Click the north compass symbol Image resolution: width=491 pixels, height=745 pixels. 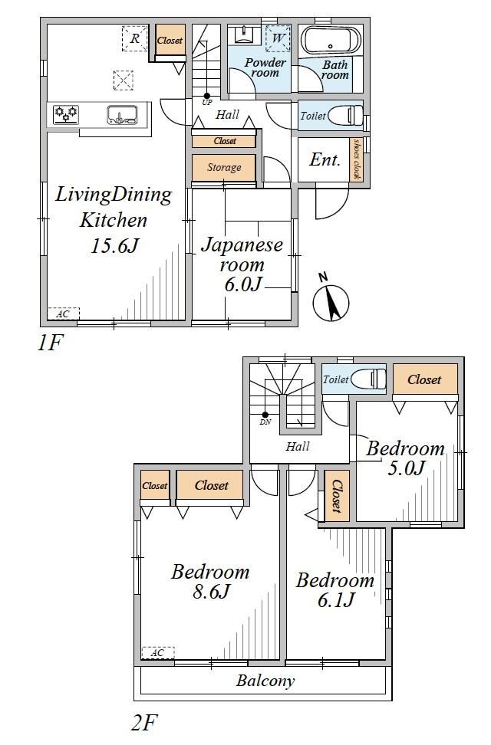click(331, 300)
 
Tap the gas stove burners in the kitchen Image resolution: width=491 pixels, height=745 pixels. click(66, 114)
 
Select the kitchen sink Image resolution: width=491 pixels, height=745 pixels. click(122, 114)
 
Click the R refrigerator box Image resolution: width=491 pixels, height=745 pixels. click(135, 38)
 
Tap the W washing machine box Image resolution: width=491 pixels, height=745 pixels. click(278, 38)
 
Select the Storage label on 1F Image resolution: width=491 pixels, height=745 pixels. click(224, 167)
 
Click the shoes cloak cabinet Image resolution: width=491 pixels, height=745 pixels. click(356, 159)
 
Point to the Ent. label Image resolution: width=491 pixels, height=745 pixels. click(325, 159)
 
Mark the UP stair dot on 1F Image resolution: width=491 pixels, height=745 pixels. click(207, 96)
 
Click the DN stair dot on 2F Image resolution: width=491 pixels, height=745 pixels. click(265, 415)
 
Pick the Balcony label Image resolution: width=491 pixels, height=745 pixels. click(265, 681)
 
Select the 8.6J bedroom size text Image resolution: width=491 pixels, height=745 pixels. click(211, 592)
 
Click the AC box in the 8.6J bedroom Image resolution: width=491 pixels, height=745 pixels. click(158, 653)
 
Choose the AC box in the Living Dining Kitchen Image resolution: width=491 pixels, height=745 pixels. click(63, 313)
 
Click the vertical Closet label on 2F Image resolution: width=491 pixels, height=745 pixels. click(337, 496)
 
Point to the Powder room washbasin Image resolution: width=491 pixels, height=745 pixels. click(244, 34)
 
